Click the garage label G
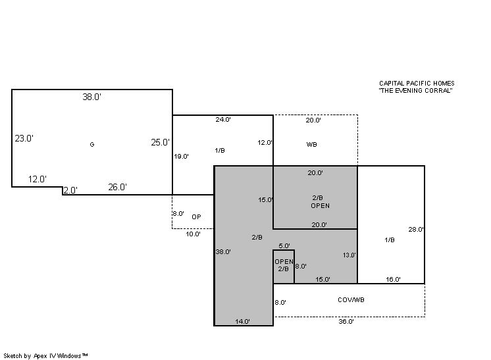(x=91, y=144)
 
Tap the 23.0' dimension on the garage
(x=24, y=138)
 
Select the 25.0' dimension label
(x=160, y=142)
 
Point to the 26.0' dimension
(x=117, y=187)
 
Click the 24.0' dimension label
(x=223, y=119)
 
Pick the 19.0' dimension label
(x=181, y=156)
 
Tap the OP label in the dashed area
(x=196, y=217)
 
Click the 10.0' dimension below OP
(x=194, y=234)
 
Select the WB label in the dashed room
(x=311, y=144)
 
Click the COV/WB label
(x=351, y=299)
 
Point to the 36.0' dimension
(x=346, y=321)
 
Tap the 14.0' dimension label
(x=243, y=321)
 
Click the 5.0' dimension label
(x=284, y=245)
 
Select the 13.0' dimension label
(x=349, y=255)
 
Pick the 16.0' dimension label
(x=393, y=279)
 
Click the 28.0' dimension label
(x=416, y=230)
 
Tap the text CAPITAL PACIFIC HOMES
(x=417, y=84)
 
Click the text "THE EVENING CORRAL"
(x=415, y=90)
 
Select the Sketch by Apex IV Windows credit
(x=45, y=356)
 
